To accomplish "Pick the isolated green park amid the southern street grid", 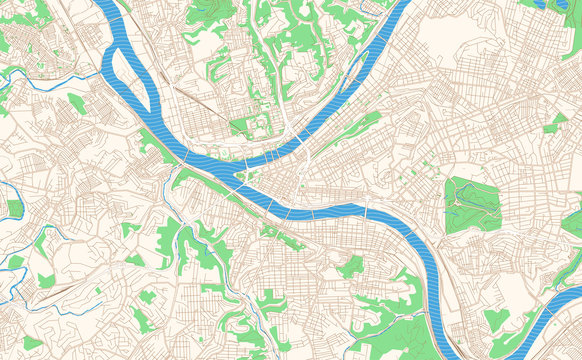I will [350, 266].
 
